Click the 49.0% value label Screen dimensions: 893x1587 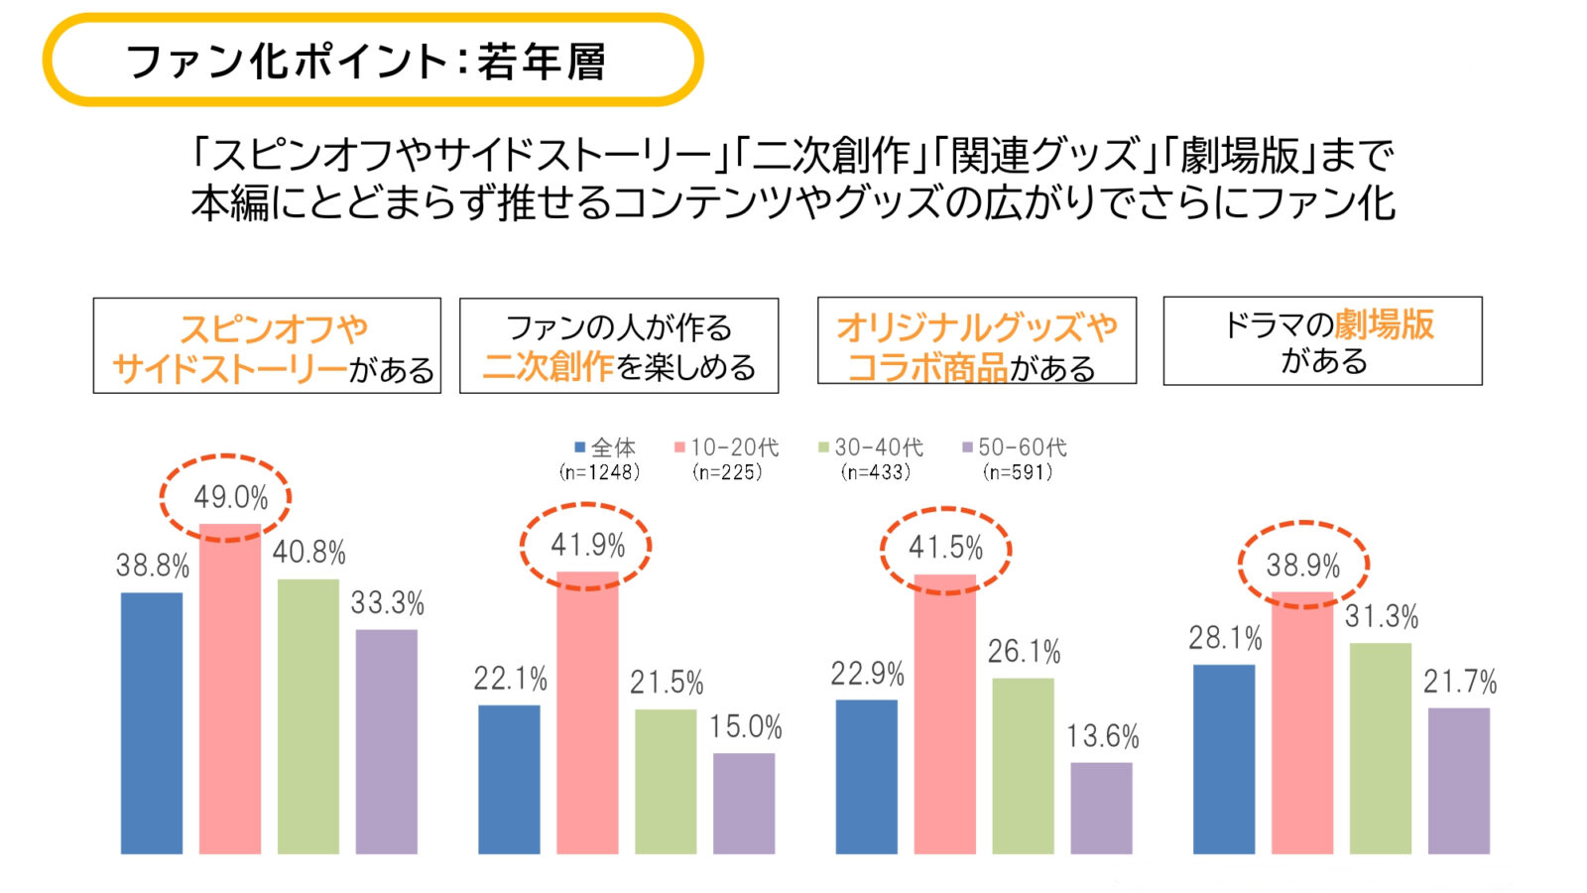(230, 497)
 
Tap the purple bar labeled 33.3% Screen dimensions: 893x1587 (387, 741)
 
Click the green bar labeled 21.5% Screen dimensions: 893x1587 (666, 781)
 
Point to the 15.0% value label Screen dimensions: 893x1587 (745, 727)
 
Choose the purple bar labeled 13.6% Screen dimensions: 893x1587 (1101, 808)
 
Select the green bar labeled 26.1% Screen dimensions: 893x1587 (1023, 765)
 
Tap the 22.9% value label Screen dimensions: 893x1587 (867, 675)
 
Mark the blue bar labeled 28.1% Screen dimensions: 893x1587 (1224, 759)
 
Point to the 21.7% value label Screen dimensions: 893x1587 (1459, 682)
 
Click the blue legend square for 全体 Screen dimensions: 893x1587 (580, 447)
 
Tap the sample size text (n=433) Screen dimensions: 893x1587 (875, 472)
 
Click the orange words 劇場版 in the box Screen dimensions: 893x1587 (1384, 324)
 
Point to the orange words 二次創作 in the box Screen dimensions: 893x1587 (549, 367)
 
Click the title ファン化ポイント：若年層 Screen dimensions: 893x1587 (365, 62)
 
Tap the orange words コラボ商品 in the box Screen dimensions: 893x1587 (927, 368)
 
